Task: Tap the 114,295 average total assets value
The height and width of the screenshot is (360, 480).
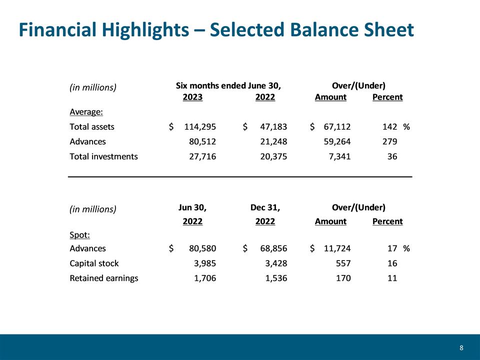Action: click(x=200, y=126)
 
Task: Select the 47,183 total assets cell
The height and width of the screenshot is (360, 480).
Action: click(x=273, y=126)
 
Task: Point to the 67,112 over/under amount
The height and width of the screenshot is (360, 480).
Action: click(x=337, y=126)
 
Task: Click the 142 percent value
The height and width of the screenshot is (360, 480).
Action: click(x=389, y=126)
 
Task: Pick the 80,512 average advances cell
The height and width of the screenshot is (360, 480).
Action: click(x=202, y=141)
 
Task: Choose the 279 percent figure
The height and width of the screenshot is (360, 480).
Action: click(x=389, y=141)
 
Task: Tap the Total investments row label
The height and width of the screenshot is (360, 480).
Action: click(x=104, y=156)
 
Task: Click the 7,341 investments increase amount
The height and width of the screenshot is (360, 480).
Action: click(x=339, y=156)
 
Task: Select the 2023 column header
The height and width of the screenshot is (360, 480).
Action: click(x=192, y=97)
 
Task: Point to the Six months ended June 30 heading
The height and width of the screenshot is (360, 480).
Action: click(x=228, y=85)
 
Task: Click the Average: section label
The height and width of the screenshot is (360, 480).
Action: click(x=86, y=111)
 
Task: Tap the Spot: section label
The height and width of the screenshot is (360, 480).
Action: click(x=80, y=235)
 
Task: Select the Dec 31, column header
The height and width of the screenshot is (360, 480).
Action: click(x=265, y=207)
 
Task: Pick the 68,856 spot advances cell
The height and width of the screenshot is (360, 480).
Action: click(x=273, y=248)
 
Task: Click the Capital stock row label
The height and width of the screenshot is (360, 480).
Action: click(x=94, y=263)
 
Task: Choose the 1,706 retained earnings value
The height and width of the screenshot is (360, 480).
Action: click(x=205, y=278)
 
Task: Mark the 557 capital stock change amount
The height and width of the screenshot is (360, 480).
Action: click(x=343, y=263)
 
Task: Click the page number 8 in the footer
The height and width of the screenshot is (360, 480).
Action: click(x=461, y=348)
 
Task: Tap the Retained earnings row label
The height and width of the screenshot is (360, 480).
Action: click(x=104, y=278)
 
